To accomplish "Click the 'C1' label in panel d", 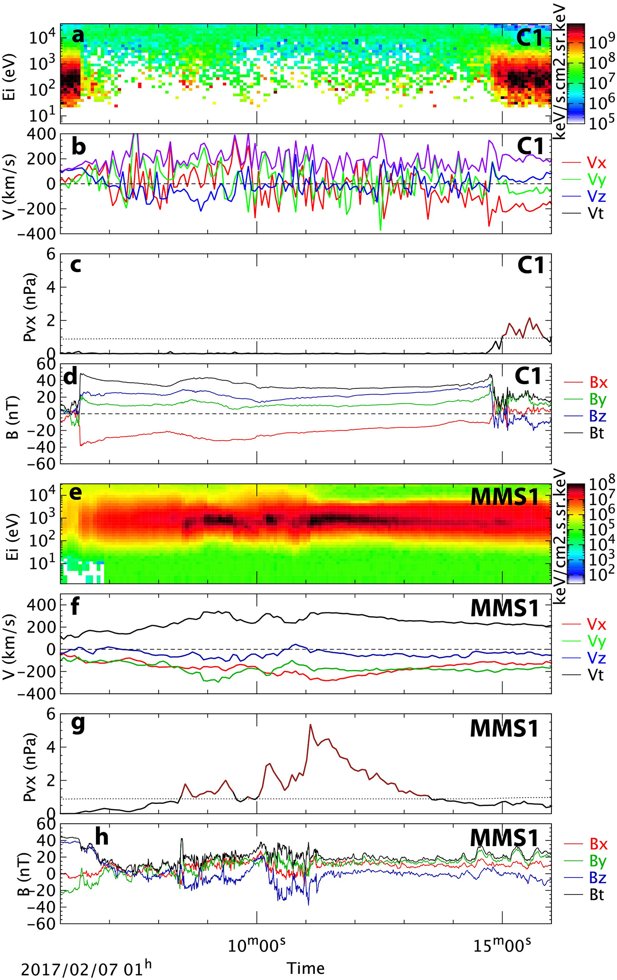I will (528, 376).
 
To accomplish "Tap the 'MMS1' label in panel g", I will (504, 728).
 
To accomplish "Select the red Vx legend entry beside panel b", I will (596, 163).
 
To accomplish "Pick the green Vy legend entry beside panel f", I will (596, 641).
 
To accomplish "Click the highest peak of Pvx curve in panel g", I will (311, 725).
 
